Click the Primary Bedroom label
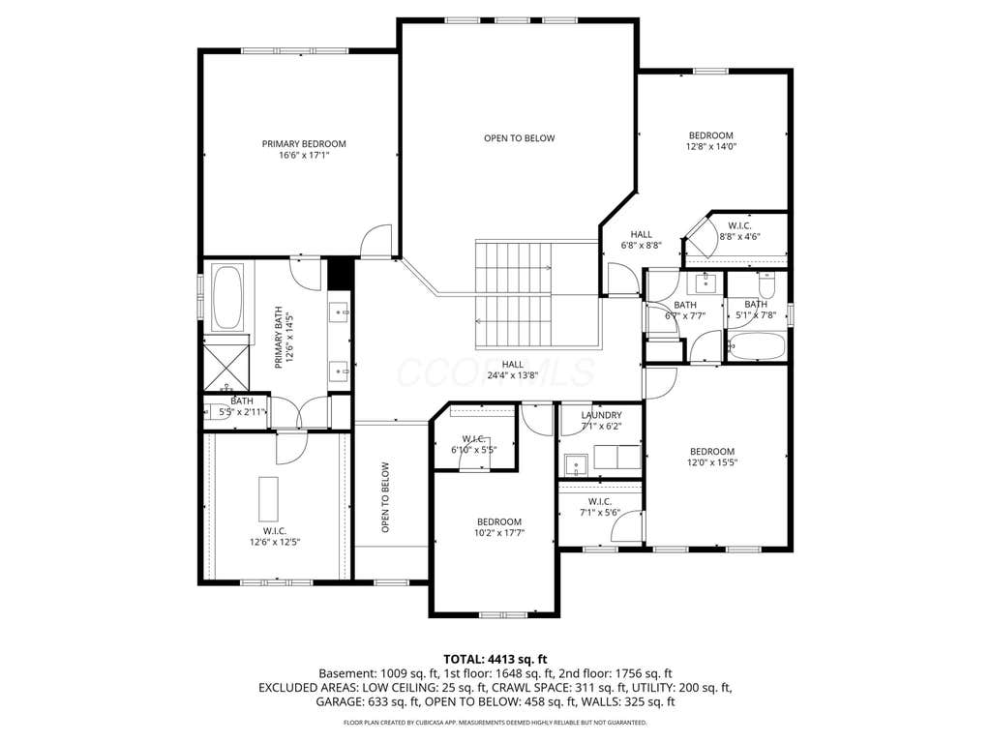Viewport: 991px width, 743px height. pos(304,144)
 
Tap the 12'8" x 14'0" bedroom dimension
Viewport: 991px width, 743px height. pos(711,147)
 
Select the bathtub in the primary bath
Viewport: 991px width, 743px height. pos(226,298)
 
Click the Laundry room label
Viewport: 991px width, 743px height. pos(601,415)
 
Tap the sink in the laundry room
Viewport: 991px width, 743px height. pos(577,465)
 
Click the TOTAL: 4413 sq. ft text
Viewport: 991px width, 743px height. pos(495,660)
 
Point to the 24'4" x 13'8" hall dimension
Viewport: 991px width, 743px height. pos(513,375)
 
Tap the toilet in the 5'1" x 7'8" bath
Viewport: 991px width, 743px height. pos(766,285)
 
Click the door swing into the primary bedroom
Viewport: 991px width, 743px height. pos(376,240)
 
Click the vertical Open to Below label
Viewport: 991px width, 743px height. pos(385,498)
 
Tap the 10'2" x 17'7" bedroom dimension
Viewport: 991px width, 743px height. pos(499,533)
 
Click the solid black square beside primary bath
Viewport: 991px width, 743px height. pos(340,273)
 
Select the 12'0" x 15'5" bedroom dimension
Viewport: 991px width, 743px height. pos(712,462)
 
